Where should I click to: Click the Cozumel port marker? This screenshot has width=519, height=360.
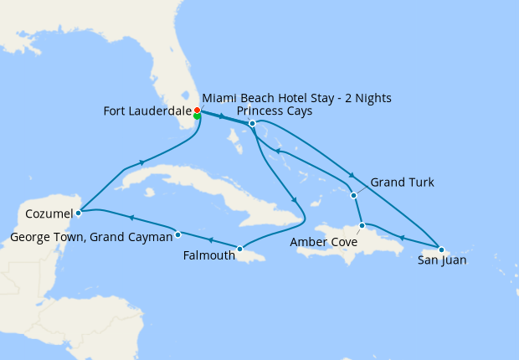click(x=78, y=213)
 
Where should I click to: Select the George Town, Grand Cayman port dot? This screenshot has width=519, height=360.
click(x=178, y=234)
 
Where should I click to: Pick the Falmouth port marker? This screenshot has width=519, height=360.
click(x=239, y=249)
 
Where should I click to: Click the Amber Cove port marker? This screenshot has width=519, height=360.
click(x=362, y=225)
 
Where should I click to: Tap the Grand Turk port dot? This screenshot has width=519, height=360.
click(x=353, y=195)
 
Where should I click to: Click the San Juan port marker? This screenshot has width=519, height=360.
click(x=441, y=249)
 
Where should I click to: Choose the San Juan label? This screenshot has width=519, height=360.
click(x=442, y=260)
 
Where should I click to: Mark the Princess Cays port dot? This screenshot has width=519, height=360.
click(x=252, y=124)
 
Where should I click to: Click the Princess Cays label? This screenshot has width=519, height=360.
click(x=275, y=111)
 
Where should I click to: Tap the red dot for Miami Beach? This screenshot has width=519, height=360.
click(x=197, y=110)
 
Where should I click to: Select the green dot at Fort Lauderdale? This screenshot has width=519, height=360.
click(x=197, y=116)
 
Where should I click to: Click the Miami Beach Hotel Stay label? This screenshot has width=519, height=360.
click(x=296, y=98)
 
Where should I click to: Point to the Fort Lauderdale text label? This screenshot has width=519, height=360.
click(x=147, y=111)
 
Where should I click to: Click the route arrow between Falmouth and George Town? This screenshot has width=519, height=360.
click(x=209, y=241)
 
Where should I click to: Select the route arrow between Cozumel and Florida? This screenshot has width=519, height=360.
click(x=143, y=162)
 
